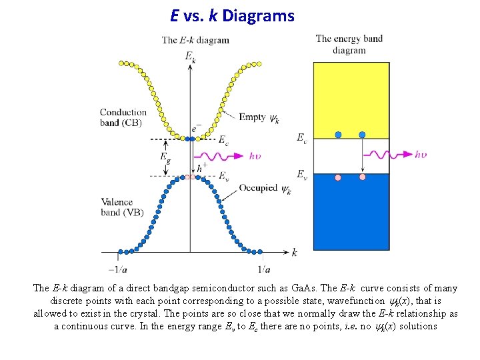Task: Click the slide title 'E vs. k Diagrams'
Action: click(x=232, y=15)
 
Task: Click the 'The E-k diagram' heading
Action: click(x=195, y=40)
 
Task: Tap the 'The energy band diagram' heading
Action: click(x=349, y=44)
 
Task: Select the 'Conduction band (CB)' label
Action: click(x=123, y=117)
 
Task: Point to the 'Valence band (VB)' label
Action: click(x=122, y=207)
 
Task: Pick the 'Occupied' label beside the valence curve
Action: click(x=258, y=188)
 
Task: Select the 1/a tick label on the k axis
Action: click(x=263, y=269)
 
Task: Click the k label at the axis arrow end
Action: click(x=295, y=252)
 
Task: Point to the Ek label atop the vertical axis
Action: click(x=190, y=56)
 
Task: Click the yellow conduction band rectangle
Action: click(x=351, y=100)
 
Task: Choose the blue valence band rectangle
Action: click(x=351, y=212)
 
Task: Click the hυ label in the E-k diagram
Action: click(x=255, y=157)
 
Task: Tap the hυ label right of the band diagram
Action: click(x=420, y=155)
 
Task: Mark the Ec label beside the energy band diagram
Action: click(x=302, y=138)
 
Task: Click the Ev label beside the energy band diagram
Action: click(x=302, y=174)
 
